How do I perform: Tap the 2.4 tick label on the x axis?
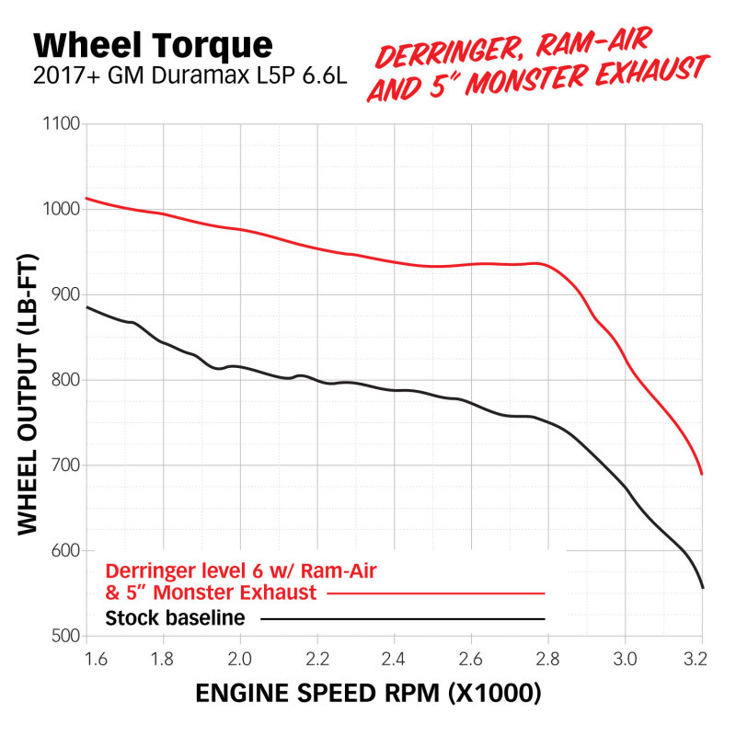(394, 659)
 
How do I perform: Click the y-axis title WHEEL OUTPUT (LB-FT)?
(28, 379)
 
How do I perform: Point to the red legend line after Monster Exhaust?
(436, 593)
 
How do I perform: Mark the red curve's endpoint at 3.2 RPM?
(702, 474)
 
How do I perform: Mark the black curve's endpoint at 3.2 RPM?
(702, 587)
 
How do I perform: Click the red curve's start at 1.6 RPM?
(86, 198)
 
